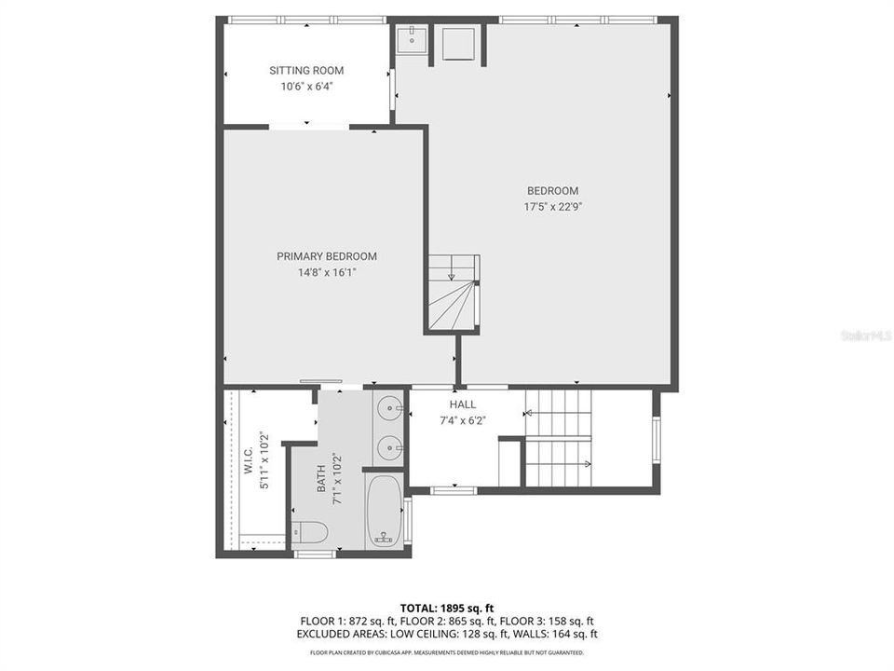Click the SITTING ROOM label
[306, 71]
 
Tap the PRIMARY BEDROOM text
[326, 257]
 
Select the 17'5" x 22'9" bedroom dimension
[552, 208]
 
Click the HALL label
[463, 404]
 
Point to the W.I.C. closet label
[249, 466]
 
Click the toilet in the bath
[309, 532]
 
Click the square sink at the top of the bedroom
[412, 42]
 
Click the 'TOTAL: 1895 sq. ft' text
[447, 608]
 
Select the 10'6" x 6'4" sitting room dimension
[306, 87]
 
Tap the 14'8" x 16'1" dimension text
[327, 273]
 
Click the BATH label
[322, 480]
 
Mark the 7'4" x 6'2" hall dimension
[463, 420]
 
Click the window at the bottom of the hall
[454, 489]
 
